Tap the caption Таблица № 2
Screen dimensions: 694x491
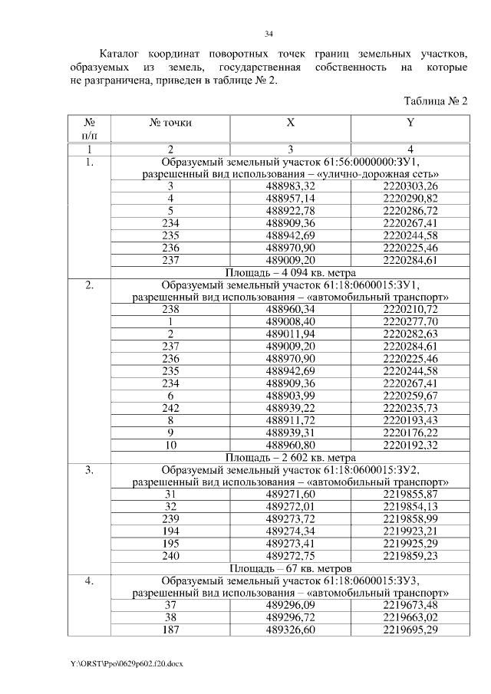(435, 101)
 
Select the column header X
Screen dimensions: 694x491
(290, 122)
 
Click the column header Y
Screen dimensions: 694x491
(410, 122)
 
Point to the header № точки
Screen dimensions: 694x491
(170, 122)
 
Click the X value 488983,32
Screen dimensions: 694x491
(290, 186)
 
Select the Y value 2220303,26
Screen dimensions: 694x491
(410, 186)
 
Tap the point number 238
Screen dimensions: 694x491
(170, 308)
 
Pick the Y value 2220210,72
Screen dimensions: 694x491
(410, 308)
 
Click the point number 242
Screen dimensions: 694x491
(170, 407)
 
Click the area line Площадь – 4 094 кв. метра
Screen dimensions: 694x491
(290, 271)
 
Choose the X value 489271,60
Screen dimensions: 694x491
(290, 494)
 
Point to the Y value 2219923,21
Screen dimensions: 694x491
(410, 531)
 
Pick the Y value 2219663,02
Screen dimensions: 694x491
(410, 617)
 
